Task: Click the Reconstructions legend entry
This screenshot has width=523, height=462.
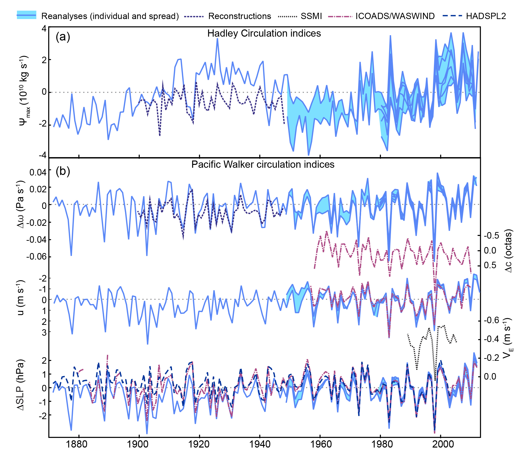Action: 239,16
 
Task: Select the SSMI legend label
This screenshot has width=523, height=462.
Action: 311,16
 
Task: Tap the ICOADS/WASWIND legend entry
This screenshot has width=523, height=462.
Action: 395,16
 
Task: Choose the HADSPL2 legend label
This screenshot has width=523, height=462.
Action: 486,16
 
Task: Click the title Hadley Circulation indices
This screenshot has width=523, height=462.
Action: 264,33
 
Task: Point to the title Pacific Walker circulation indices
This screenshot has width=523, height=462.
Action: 263,164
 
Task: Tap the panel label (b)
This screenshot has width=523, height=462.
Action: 63,171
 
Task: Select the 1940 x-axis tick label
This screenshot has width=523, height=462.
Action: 260,444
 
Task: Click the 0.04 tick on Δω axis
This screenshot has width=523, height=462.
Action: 38,173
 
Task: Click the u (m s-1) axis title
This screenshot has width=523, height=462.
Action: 21,298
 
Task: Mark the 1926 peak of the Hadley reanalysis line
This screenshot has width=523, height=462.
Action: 217,39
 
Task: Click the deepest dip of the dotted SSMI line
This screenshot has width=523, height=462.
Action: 435,381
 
